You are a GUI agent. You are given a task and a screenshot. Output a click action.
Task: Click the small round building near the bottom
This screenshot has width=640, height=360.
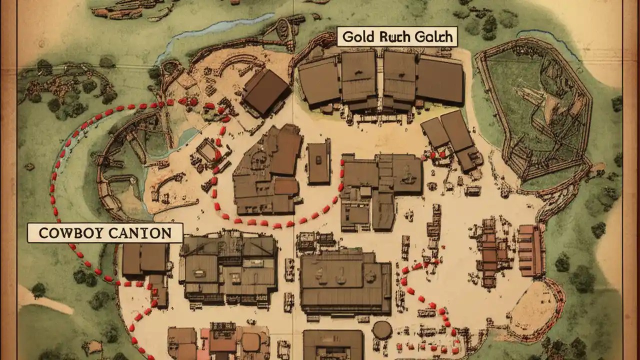[382, 330]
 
